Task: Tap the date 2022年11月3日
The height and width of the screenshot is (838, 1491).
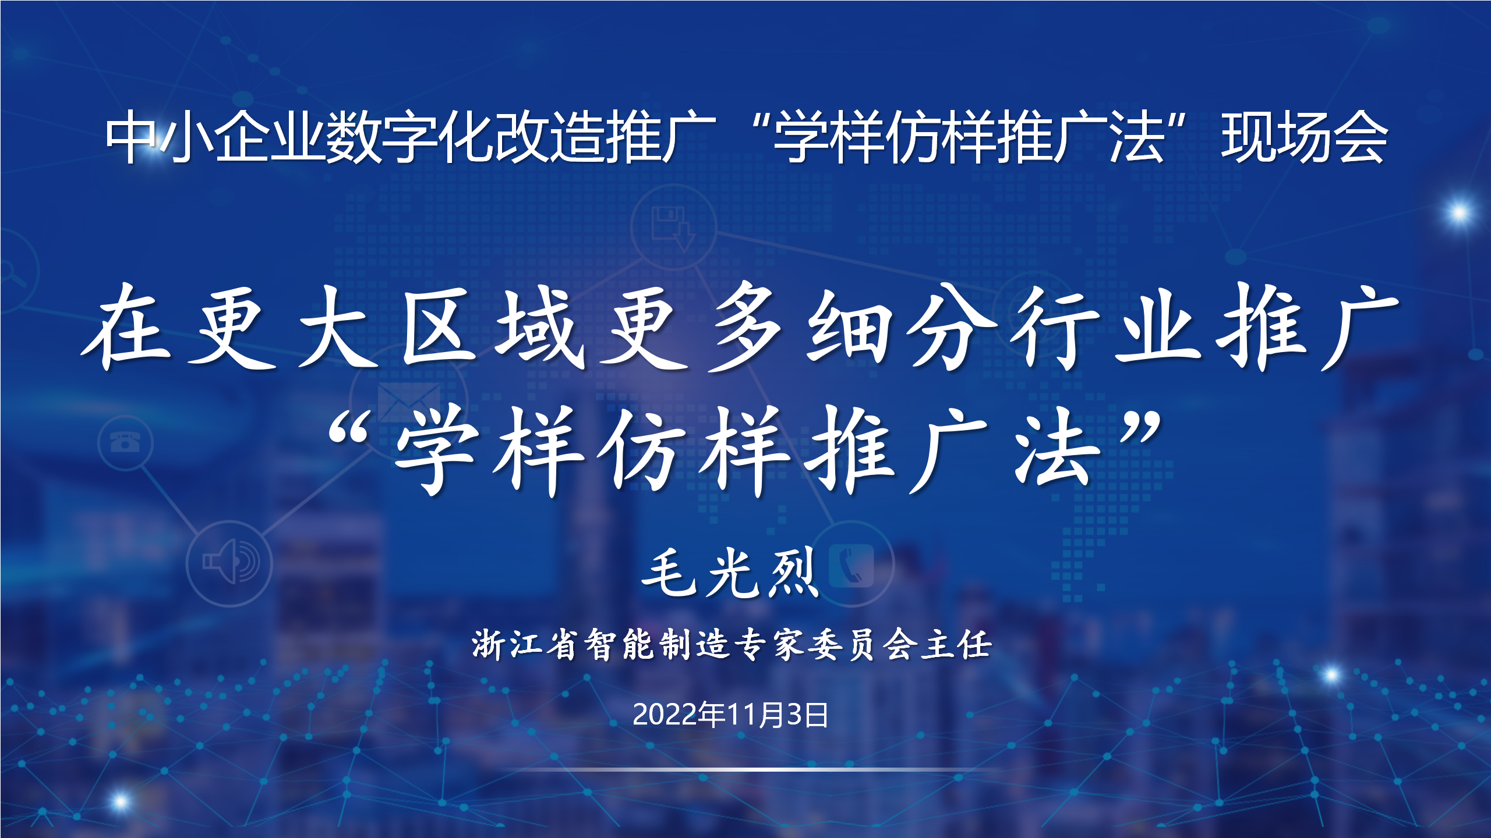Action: (x=730, y=715)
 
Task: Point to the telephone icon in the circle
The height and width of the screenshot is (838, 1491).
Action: (x=125, y=442)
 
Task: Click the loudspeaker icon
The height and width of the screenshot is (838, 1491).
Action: (x=231, y=561)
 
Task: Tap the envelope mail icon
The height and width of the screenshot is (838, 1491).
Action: (x=409, y=402)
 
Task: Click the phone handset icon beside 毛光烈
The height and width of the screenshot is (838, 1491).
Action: (x=851, y=565)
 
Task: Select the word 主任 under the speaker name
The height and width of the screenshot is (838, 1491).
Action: (x=956, y=645)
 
